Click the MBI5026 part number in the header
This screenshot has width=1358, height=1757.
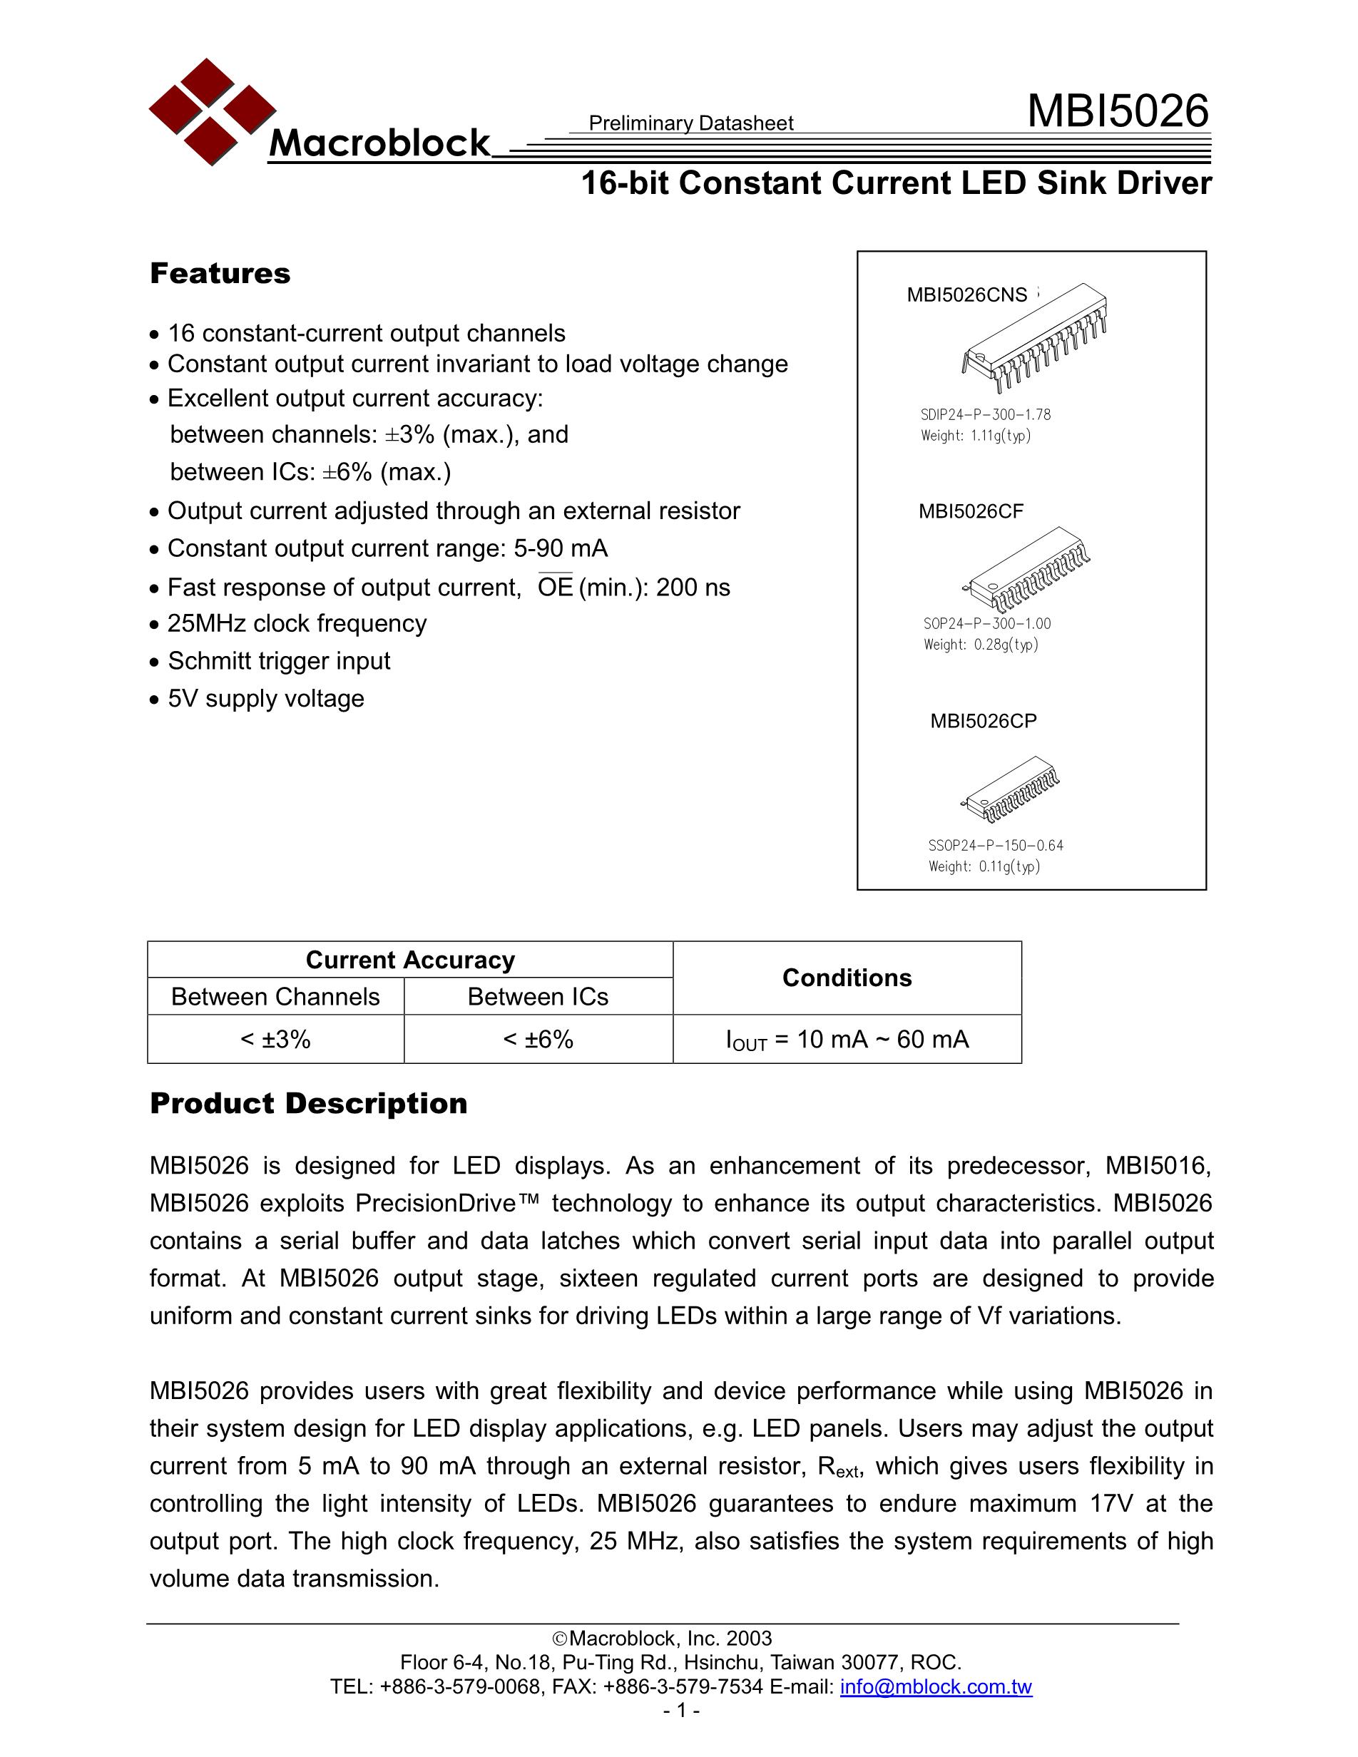[x=1118, y=111]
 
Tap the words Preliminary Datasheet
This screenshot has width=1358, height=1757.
[x=690, y=123]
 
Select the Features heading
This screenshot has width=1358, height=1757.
[x=220, y=274]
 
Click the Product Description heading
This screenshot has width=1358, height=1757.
[x=308, y=1103]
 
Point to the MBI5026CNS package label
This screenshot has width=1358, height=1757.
[x=966, y=295]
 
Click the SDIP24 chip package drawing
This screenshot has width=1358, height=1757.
[x=1035, y=339]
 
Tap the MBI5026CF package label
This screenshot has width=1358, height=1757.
[x=970, y=512]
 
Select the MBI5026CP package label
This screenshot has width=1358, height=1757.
[x=983, y=721]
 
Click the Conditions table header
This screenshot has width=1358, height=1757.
[x=847, y=978]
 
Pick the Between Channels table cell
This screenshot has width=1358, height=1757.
[x=275, y=997]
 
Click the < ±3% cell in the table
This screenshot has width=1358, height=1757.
[x=275, y=1040]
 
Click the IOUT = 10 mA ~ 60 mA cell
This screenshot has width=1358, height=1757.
[x=847, y=1040]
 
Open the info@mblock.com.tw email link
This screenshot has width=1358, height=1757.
[x=935, y=1687]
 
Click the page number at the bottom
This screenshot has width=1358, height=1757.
[x=680, y=1711]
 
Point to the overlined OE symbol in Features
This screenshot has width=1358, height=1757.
[x=554, y=588]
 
